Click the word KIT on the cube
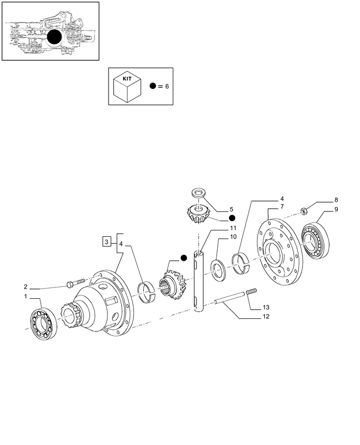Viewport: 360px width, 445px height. [x=127, y=78]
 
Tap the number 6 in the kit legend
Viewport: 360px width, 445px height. [x=167, y=86]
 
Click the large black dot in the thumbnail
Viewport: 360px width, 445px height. [x=54, y=38]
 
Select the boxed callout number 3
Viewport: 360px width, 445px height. [x=107, y=241]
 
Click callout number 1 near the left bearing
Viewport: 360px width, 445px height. [x=25, y=296]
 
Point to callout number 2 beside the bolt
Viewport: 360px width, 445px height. [x=25, y=286]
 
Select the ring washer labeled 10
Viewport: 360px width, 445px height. [x=218, y=269]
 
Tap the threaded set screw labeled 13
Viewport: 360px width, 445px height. [x=251, y=293]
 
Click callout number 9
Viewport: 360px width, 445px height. [x=336, y=209]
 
